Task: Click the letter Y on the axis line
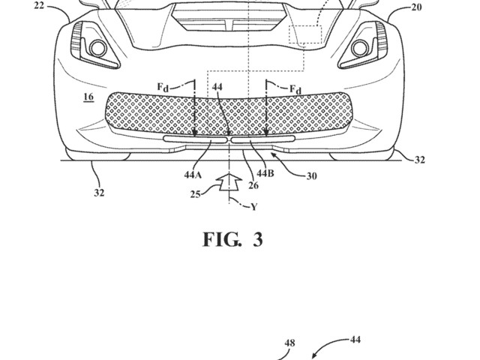click(253, 206)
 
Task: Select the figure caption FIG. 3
click(232, 241)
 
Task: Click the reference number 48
click(289, 343)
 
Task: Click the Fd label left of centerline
click(163, 87)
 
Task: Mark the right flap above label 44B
click(264, 139)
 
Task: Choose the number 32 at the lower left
click(99, 192)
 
